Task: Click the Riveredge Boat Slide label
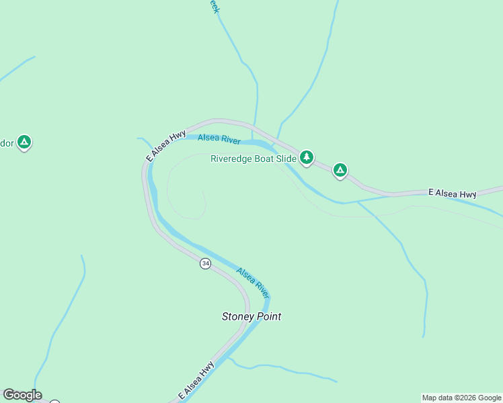click(x=253, y=159)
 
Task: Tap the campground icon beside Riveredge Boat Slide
click(x=307, y=157)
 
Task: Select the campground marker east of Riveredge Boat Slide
click(x=340, y=171)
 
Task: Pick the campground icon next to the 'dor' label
click(x=24, y=142)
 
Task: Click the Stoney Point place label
click(x=251, y=316)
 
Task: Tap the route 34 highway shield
click(x=205, y=264)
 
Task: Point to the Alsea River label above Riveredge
click(x=219, y=139)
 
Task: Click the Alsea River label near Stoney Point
click(x=253, y=283)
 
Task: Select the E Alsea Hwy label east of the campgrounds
click(x=453, y=193)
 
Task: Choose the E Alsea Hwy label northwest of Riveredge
click(x=165, y=146)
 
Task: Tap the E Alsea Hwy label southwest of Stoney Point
click(x=196, y=381)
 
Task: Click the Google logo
click(x=22, y=395)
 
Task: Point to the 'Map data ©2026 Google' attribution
click(x=462, y=398)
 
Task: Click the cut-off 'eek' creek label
click(x=214, y=6)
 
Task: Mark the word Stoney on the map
click(x=237, y=316)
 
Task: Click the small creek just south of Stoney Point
click(x=282, y=368)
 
